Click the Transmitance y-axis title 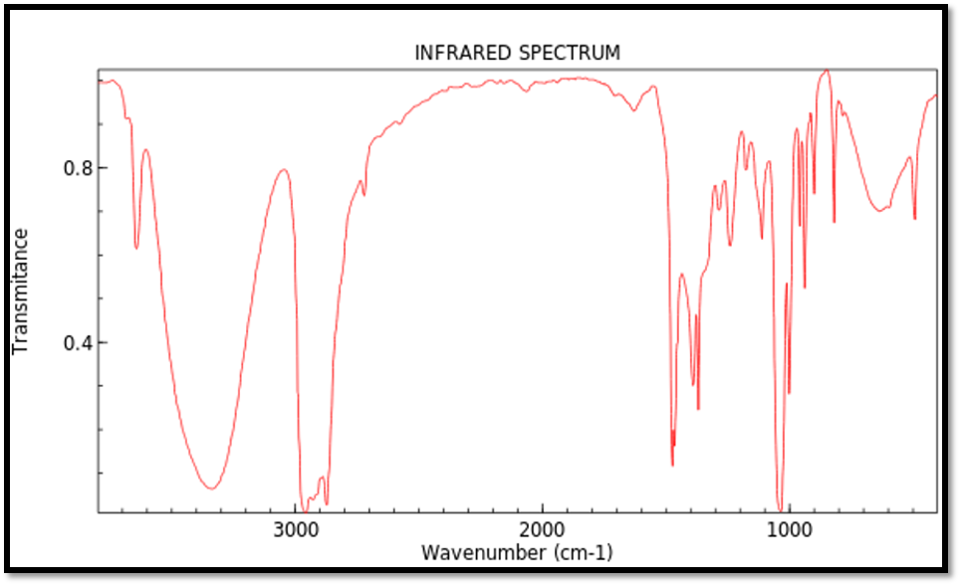coord(20,291)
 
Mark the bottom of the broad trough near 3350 coord(211,489)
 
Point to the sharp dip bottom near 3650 coord(136,248)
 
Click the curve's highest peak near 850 coord(826,71)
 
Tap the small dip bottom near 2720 coord(363,194)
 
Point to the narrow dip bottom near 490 coord(914,219)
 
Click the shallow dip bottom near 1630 coord(633,110)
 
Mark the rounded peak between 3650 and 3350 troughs coord(145,150)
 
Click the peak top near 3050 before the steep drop coord(284,170)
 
